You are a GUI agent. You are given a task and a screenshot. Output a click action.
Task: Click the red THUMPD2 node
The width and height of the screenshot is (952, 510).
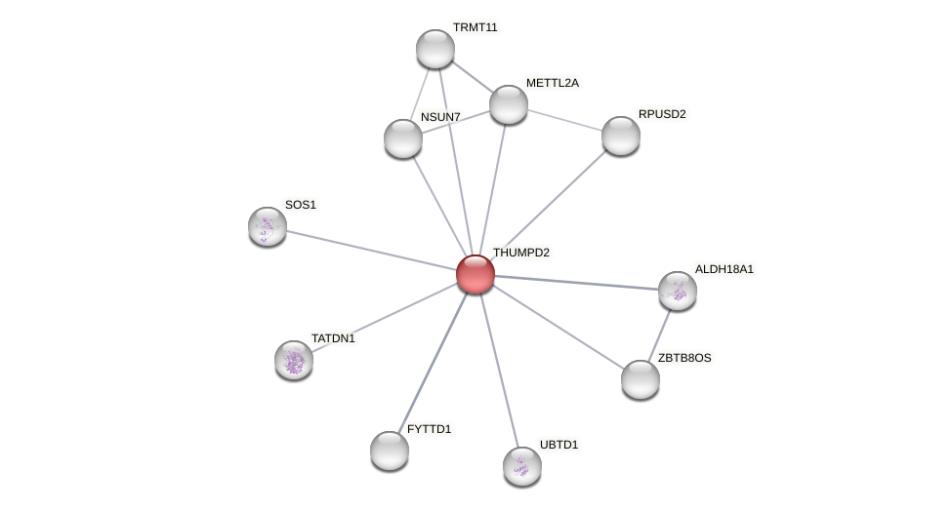tap(476, 274)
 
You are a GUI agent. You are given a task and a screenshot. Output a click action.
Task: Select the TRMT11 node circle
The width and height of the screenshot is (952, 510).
tap(435, 49)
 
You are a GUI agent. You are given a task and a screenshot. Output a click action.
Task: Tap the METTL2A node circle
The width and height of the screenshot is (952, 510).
tap(509, 104)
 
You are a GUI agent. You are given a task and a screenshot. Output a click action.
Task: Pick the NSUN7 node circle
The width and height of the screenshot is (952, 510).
tap(403, 138)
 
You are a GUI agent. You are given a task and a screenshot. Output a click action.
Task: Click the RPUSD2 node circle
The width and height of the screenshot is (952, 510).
tap(621, 136)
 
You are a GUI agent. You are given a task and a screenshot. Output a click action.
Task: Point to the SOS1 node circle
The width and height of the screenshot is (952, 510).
tap(268, 226)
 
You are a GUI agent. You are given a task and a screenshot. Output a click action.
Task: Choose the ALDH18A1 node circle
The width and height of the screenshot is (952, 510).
tap(678, 291)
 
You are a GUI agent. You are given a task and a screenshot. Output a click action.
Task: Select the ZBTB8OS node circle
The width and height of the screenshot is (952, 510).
tap(641, 379)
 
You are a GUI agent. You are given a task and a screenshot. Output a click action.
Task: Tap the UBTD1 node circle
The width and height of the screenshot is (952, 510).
tap(522, 466)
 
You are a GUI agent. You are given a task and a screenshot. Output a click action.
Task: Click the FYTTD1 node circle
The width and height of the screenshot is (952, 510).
tap(390, 451)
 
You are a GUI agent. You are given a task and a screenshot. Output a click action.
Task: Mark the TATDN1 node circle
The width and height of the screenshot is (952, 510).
tap(294, 360)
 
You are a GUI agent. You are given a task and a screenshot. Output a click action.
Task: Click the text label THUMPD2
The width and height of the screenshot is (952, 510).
tap(520, 254)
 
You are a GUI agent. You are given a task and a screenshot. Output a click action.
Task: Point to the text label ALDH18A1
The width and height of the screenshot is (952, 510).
tap(724, 269)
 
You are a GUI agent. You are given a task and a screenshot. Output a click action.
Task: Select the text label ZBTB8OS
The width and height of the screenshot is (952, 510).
tap(683, 358)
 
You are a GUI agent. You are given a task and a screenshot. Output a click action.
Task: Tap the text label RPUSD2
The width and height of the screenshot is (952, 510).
tap(661, 115)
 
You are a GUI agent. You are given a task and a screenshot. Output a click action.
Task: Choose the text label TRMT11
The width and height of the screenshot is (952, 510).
tap(475, 28)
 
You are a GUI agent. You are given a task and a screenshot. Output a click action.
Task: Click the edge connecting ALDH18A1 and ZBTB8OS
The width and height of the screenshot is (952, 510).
tap(660, 333)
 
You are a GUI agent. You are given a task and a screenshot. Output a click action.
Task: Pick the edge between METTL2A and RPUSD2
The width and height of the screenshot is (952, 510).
tap(564, 120)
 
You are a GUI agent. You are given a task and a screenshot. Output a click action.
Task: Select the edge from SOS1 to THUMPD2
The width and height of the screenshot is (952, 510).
tap(371, 250)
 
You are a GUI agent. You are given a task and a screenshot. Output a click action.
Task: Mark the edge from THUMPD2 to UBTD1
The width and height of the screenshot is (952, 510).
tap(499, 370)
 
